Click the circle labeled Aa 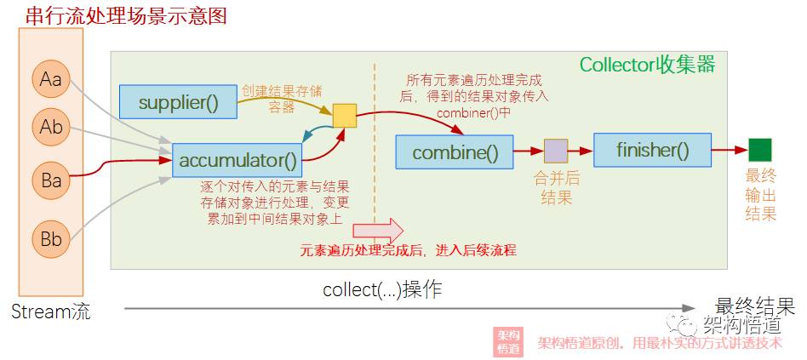click(51, 80)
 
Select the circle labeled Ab click(51, 128)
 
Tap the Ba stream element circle click(51, 180)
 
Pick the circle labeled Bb click(51, 239)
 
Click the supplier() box click(178, 103)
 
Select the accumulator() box click(238, 159)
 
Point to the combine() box click(454, 152)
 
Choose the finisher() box click(652, 150)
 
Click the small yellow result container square click(344, 116)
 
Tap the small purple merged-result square click(556, 151)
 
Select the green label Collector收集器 click(647, 65)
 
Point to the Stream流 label click(50, 312)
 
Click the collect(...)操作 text click(382, 289)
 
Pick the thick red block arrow click(378, 229)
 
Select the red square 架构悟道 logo click(508, 342)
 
